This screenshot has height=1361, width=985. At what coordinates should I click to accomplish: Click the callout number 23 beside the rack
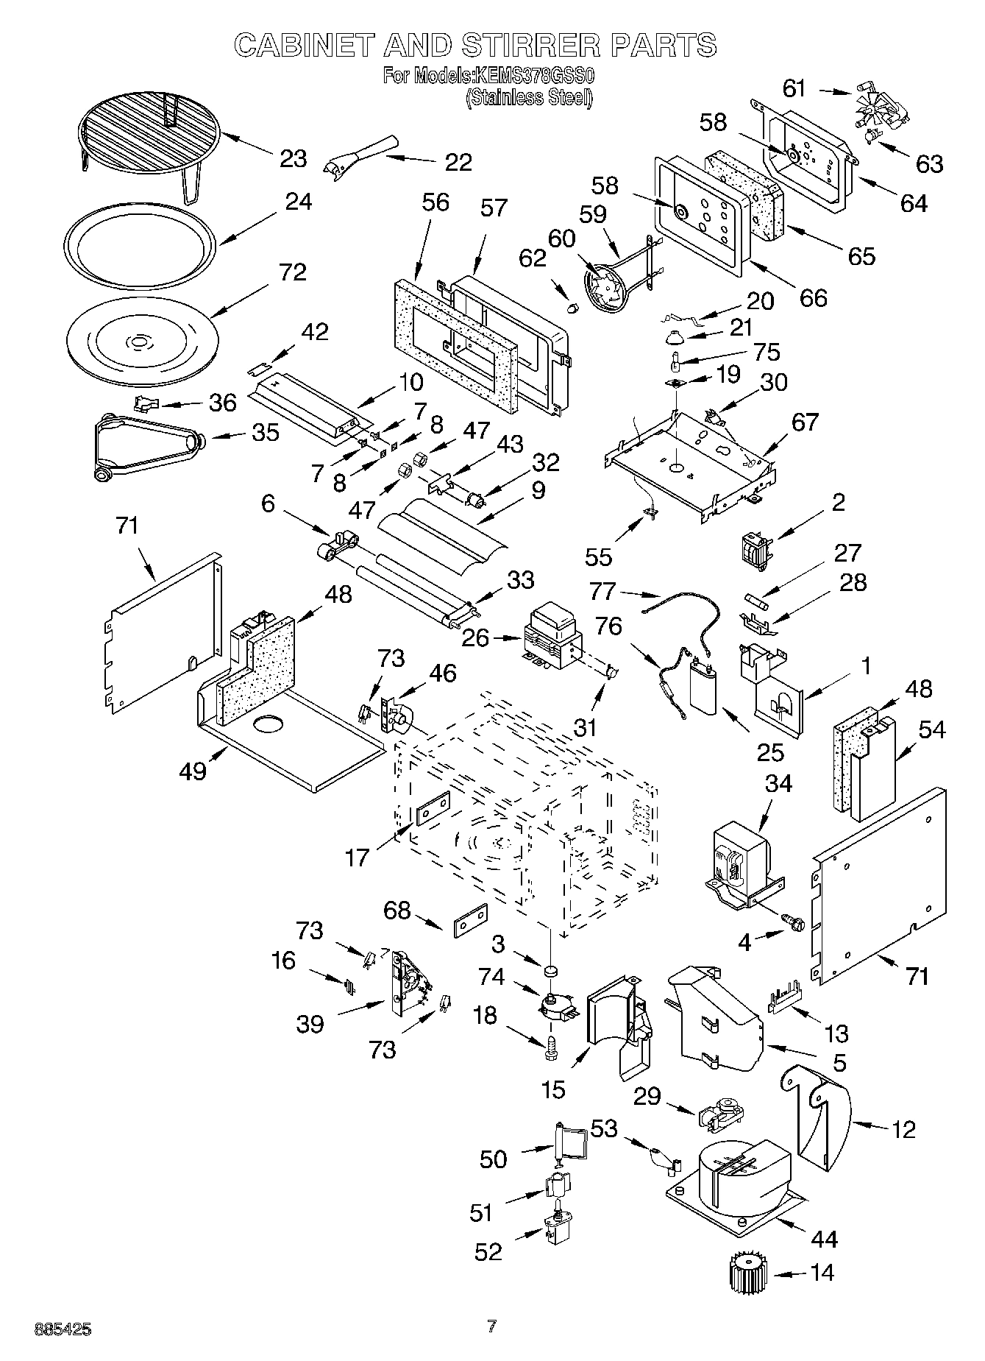pos(293,158)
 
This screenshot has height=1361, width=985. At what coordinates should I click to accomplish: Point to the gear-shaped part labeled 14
pos(747,1273)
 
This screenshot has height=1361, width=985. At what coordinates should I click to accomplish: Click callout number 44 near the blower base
pos(823,1239)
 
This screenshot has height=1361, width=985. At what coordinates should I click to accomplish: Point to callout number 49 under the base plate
pos(193,771)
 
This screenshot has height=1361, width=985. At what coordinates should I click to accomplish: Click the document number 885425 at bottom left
pos(63,1330)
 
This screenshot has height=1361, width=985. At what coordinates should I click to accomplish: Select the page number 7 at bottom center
pos(492,1326)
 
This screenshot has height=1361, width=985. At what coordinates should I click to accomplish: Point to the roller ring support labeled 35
pos(147,446)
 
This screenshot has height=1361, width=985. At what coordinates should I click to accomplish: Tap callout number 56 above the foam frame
pos(435,202)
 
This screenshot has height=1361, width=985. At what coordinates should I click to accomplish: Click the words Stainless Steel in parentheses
pos(528,97)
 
